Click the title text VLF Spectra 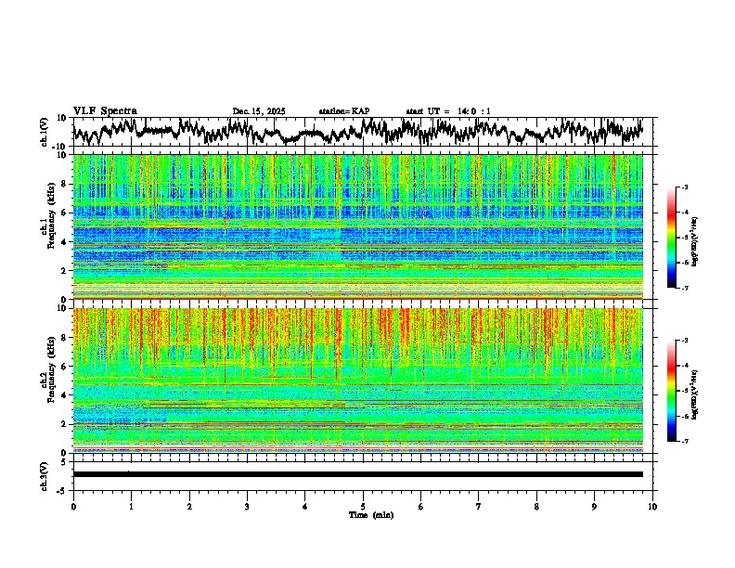(105, 110)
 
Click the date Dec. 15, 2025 (259, 111)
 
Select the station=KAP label (344, 111)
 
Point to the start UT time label (448, 111)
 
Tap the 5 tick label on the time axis (363, 506)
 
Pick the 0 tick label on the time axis (73, 506)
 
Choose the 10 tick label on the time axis (652, 506)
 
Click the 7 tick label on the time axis (479, 506)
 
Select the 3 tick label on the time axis (247, 506)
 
